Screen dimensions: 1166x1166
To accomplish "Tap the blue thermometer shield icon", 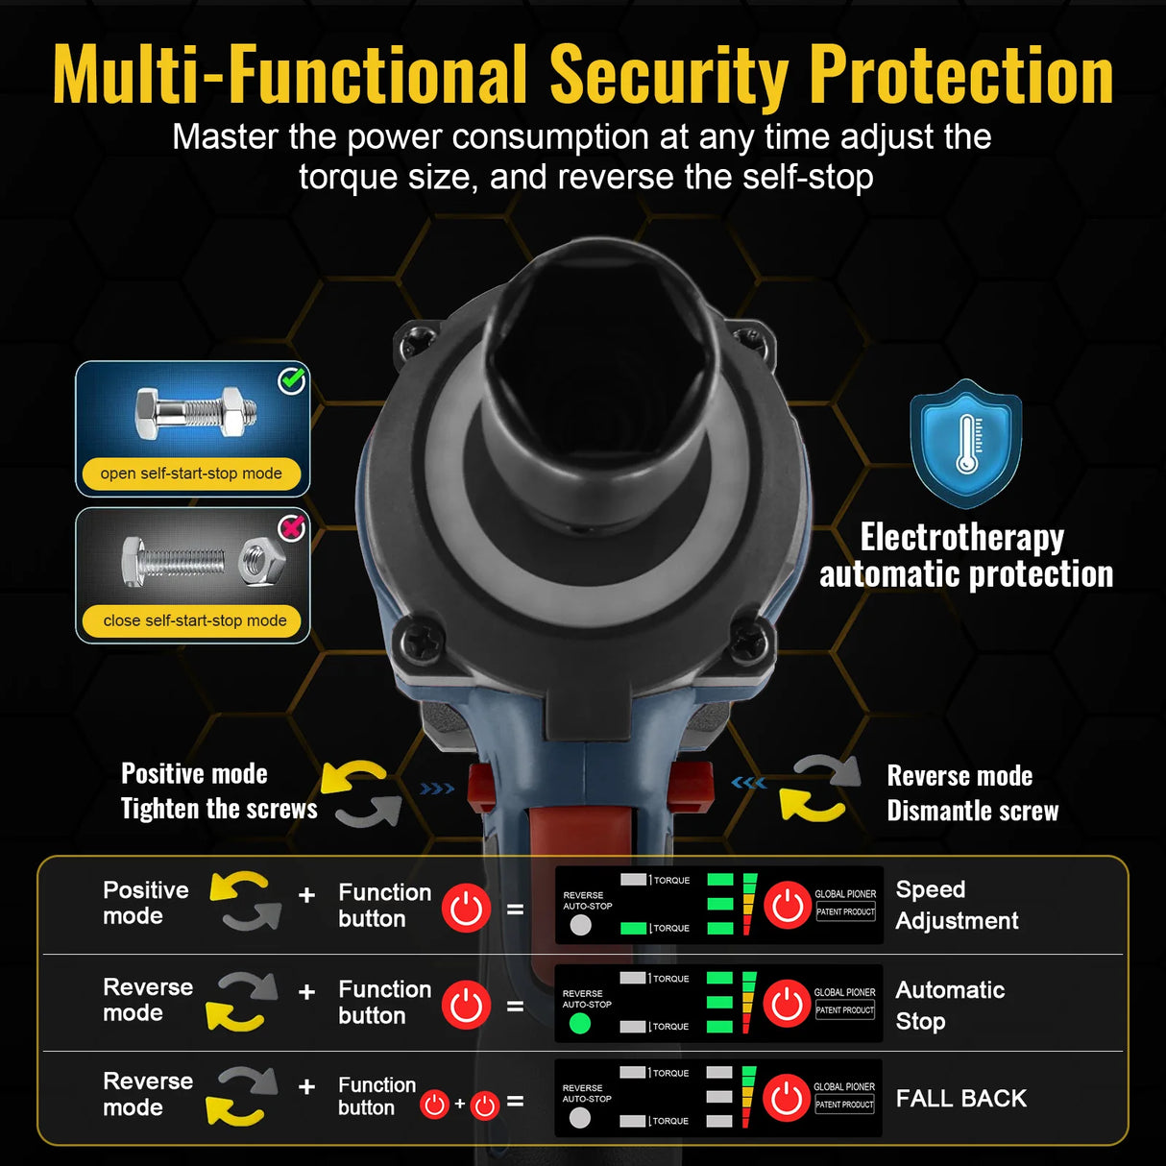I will pyautogui.click(x=965, y=443).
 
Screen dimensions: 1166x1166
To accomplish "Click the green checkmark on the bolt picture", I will pyautogui.click(x=292, y=381).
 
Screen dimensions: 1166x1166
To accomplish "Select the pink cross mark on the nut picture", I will pyautogui.click(x=292, y=528).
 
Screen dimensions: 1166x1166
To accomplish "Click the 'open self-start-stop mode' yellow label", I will pyautogui.click(x=191, y=474).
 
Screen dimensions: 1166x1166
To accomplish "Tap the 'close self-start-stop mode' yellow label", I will pyautogui.click(x=194, y=620).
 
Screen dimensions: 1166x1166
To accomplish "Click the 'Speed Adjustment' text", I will pyautogui.click(x=956, y=905).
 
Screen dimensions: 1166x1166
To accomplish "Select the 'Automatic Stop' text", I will pyautogui.click(x=950, y=1005).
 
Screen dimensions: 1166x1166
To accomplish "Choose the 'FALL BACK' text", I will pyautogui.click(x=960, y=1098).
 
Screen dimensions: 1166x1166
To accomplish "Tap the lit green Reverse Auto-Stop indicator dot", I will pyautogui.click(x=579, y=1024).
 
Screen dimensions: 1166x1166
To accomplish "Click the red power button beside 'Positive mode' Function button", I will pyautogui.click(x=467, y=908).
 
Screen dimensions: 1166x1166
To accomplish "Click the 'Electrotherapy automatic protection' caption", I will pyautogui.click(x=965, y=555).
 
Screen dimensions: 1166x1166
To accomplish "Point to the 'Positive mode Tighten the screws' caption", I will pyautogui.click(x=218, y=790).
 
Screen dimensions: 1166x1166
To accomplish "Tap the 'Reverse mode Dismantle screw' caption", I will pyautogui.click(x=972, y=793).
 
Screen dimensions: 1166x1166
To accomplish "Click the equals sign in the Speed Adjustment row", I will pyautogui.click(x=516, y=908).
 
